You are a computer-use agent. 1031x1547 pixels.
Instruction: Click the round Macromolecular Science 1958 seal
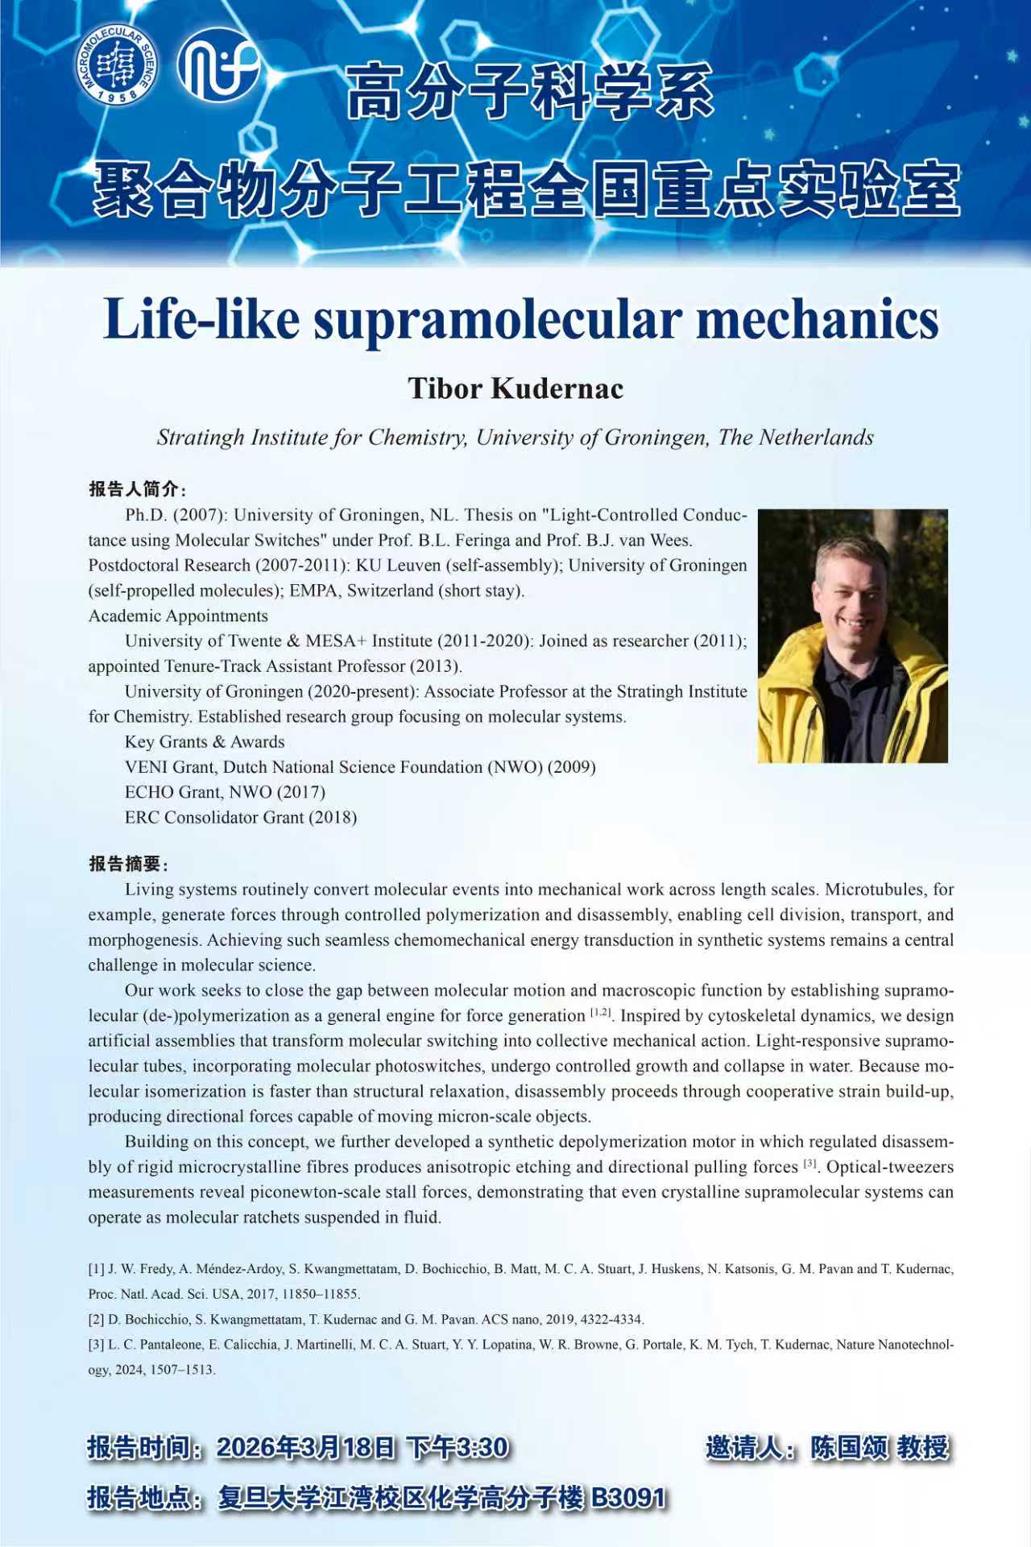click(x=118, y=64)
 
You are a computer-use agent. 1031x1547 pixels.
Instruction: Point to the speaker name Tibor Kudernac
click(x=515, y=388)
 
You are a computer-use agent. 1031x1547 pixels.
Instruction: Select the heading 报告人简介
click(x=134, y=489)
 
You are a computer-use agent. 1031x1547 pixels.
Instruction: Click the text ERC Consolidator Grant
click(x=214, y=818)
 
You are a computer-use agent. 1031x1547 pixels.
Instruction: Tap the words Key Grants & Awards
click(x=205, y=742)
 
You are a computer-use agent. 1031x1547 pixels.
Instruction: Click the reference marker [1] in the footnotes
click(x=96, y=1269)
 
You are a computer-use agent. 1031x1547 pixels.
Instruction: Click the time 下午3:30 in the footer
click(x=458, y=1448)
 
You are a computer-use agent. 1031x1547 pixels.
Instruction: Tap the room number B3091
click(x=629, y=1498)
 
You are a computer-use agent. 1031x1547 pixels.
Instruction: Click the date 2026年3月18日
click(x=306, y=1448)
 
